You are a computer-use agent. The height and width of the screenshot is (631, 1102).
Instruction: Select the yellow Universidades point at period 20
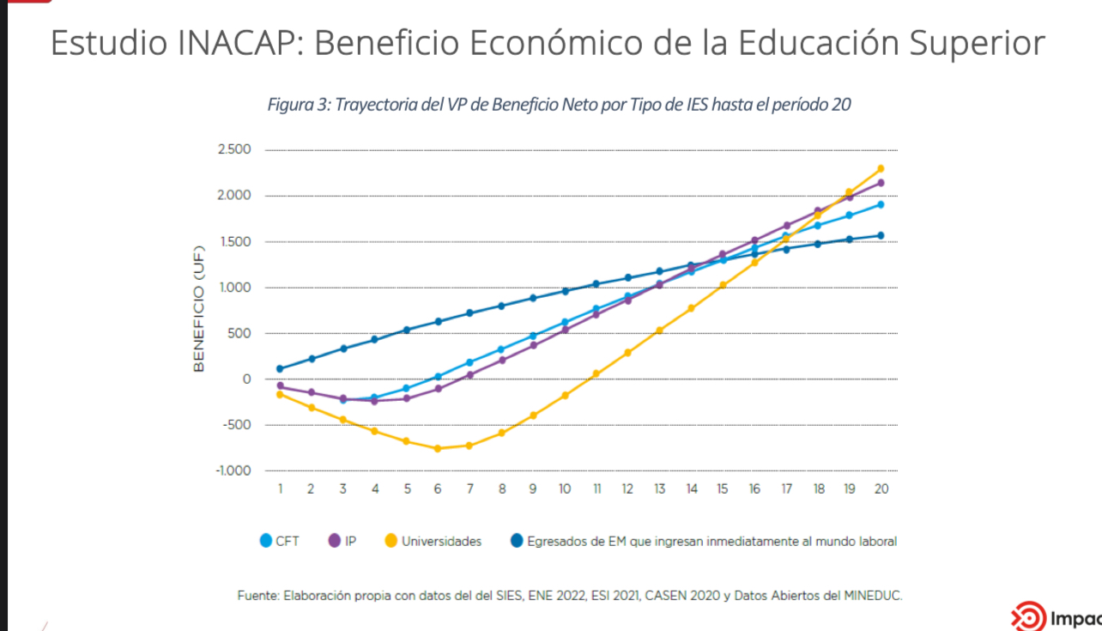881,168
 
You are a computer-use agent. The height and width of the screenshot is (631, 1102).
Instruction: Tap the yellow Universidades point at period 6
438,448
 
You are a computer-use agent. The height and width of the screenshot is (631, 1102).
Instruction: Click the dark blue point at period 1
280,369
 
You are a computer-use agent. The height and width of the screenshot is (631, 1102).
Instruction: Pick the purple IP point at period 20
881,183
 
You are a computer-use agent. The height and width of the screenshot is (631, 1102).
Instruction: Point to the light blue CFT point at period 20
881,204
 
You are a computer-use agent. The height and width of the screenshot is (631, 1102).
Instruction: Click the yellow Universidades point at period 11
596,373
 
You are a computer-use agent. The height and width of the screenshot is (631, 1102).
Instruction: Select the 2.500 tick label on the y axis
234,150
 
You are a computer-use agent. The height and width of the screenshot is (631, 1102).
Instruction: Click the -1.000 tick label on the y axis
233,470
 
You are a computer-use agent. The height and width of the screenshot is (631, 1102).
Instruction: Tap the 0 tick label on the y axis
246,379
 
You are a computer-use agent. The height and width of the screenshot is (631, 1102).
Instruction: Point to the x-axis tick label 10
564,489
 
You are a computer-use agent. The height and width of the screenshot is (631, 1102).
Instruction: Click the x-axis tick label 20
881,489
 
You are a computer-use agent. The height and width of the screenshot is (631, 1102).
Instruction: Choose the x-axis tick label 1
280,489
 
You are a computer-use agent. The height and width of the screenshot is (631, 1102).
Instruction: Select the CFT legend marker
266,541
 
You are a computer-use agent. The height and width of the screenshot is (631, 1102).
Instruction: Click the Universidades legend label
441,542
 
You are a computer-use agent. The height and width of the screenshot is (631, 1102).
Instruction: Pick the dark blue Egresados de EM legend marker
517,541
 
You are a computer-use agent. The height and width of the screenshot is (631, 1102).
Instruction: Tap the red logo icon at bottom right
1027,616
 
